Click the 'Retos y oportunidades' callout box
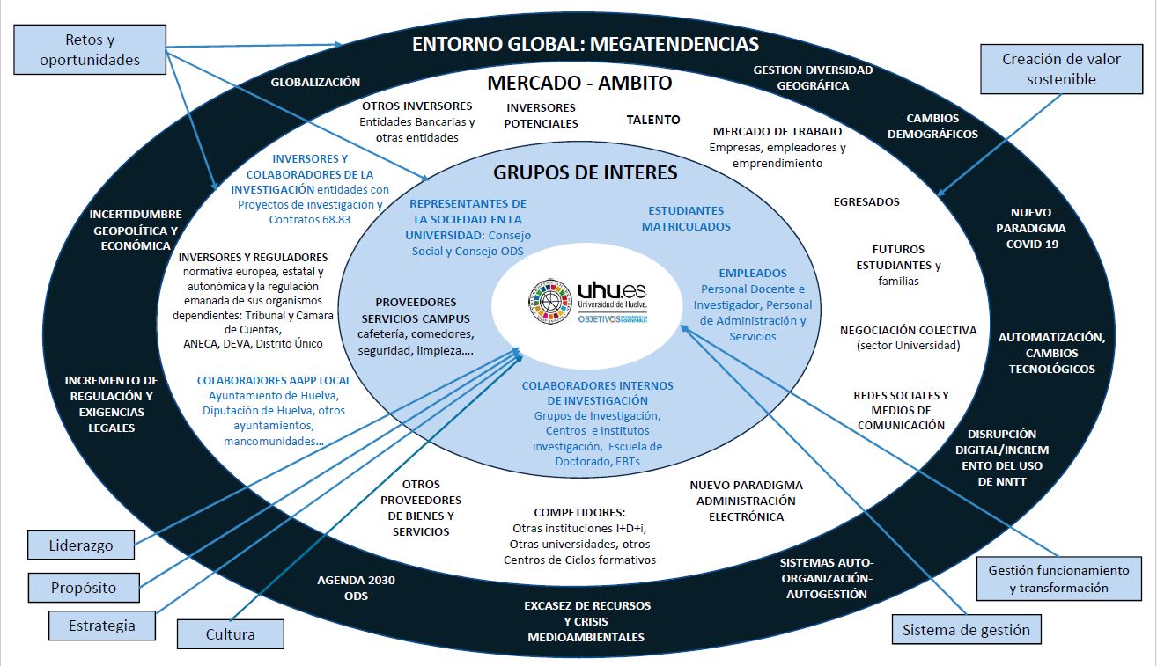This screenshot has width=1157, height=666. (x=90, y=49)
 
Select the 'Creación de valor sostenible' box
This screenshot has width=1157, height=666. (x=1061, y=70)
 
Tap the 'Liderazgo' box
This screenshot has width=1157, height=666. (x=81, y=545)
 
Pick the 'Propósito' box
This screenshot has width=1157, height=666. (x=84, y=588)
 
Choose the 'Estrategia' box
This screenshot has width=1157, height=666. (x=102, y=626)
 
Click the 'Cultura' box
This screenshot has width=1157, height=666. (x=231, y=634)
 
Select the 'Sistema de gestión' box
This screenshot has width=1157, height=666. (x=967, y=629)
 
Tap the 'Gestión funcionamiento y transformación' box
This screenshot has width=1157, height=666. (x=1059, y=579)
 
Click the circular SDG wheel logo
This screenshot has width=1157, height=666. (x=550, y=302)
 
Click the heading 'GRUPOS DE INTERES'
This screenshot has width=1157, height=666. (x=586, y=172)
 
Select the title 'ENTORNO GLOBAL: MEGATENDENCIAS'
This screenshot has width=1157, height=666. (x=586, y=44)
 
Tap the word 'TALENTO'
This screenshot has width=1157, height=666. (x=653, y=120)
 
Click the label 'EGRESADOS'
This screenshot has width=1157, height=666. (x=866, y=201)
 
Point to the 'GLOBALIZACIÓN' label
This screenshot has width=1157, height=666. (x=315, y=82)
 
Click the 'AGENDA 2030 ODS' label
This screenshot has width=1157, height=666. (x=356, y=588)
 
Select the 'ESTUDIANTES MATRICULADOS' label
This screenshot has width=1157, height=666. (x=686, y=218)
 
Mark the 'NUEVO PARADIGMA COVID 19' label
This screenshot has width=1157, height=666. (x=1031, y=228)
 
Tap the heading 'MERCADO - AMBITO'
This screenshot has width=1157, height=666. (x=579, y=83)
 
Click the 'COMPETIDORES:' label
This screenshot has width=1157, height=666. (x=579, y=512)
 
